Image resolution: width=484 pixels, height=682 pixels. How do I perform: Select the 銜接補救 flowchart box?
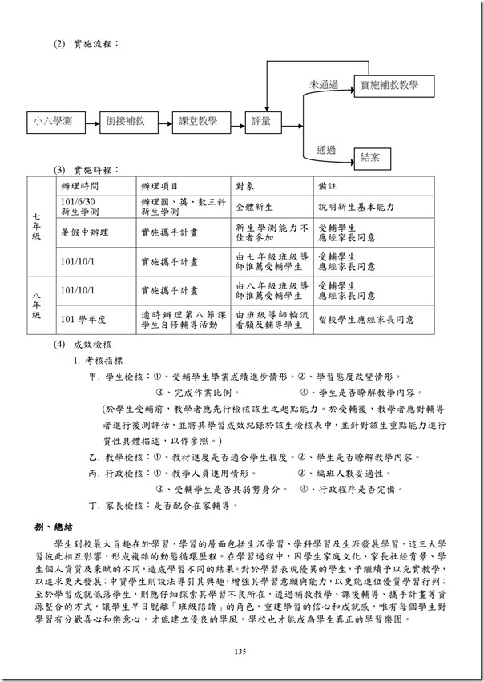[x=125, y=122]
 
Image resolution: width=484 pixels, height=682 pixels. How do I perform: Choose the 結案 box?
[x=370, y=158]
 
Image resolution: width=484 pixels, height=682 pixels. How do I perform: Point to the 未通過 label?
[x=325, y=84]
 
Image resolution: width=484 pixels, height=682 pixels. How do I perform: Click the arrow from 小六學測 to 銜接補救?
[x=91, y=122]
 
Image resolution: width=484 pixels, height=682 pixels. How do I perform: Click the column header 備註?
[x=329, y=184]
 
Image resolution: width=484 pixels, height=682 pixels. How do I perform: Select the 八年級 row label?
[x=38, y=306]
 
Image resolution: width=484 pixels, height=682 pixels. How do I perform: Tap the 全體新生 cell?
[x=253, y=206]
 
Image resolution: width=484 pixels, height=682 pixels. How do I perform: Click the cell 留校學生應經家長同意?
[x=365, y=319]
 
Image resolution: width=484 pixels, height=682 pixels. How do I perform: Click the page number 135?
[x=241, y=652]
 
